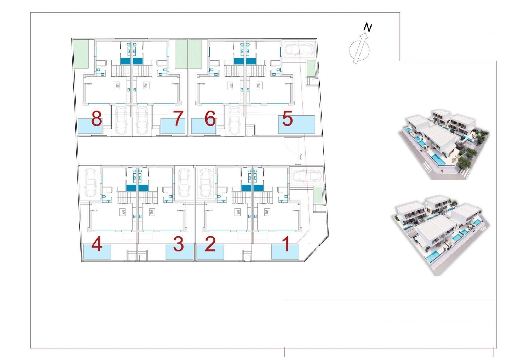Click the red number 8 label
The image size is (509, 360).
point(97,119)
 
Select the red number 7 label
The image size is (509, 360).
point(178,118)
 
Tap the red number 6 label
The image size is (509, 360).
point(210,119)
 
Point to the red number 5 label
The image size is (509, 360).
point(287,118)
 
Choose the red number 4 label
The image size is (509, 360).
point(97,244)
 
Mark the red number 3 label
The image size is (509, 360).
point(178,244)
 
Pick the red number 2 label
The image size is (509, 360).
point(210,244)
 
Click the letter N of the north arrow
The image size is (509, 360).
point(367,27)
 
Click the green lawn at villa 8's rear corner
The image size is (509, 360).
point(81,54)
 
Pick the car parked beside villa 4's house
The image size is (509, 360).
point(90,183)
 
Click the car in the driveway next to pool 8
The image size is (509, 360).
point(121,120)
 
